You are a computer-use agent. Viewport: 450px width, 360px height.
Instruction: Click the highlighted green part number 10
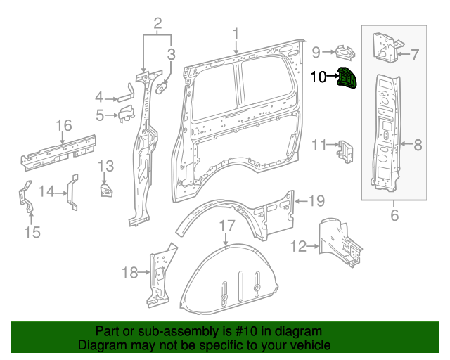pos(347,79)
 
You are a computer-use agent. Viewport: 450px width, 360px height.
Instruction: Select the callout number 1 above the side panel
pos(236,33)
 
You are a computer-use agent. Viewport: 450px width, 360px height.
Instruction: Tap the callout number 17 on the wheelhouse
pos(226,226)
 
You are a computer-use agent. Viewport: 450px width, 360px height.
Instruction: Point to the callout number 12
pos(299,246)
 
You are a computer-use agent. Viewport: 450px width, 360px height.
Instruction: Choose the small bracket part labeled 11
pos(345,150)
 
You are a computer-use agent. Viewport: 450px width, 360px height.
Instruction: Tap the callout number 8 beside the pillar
pos(418,146)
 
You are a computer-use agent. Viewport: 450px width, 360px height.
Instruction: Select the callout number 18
pos(131,273)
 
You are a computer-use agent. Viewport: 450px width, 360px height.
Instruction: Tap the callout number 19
pos(316,201)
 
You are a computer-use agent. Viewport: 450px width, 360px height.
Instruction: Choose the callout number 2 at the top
pos(157,23)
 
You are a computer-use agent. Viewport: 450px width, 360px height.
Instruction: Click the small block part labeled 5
pos(125,113)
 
